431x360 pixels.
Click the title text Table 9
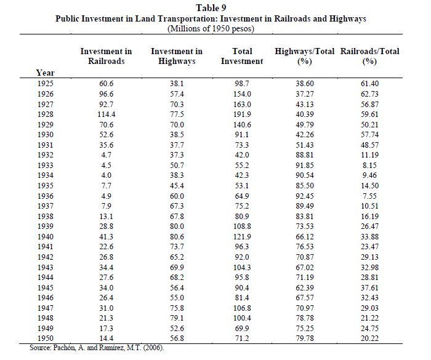pos(211,8)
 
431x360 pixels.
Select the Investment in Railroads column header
pos(106,56)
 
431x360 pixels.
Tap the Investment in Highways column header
pos(177,56)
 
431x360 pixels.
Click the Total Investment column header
pos(242,56)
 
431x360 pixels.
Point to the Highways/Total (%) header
pos(305,56)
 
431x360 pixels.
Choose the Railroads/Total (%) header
pos(369,56)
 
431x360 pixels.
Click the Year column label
pos(46,73)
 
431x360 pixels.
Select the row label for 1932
pos(46,155)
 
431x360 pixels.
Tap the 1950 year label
pos(46,338)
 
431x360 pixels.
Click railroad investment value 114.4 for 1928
pos(106,114)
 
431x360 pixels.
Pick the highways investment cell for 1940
pos(177,236)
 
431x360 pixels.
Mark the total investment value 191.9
pos(242,114)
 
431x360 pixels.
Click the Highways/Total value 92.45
pos(305,196)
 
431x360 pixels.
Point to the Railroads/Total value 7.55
pos(369,196)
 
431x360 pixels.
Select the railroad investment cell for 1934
pos(106,175)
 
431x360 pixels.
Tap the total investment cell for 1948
pos(242,318)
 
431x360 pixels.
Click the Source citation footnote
pos(97,348)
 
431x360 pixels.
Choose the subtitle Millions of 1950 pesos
pos(211,28)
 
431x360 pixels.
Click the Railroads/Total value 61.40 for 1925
pos(369,84)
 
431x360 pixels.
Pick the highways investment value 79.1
pos(177,318)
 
